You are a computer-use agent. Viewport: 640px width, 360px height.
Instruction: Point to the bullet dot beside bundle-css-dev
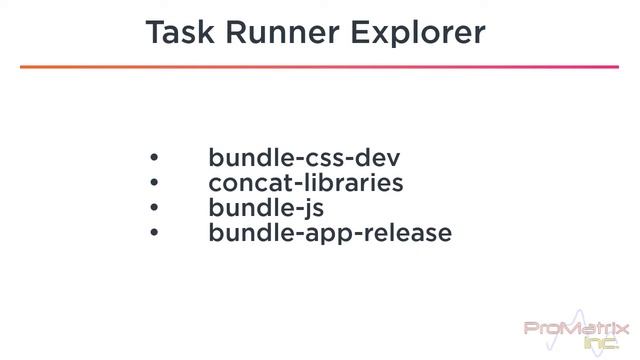point(154,158)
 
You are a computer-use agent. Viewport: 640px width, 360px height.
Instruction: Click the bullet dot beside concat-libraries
point(154,183)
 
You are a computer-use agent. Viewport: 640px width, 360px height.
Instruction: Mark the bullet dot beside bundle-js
point(154,208)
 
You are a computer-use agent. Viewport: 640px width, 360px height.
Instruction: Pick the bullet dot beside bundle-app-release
point(154,233)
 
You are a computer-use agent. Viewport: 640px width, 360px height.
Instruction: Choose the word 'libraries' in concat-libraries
point(351,183)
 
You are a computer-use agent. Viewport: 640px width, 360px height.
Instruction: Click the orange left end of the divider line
point(30,67)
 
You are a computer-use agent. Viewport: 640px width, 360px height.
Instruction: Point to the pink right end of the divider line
point(610,67)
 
